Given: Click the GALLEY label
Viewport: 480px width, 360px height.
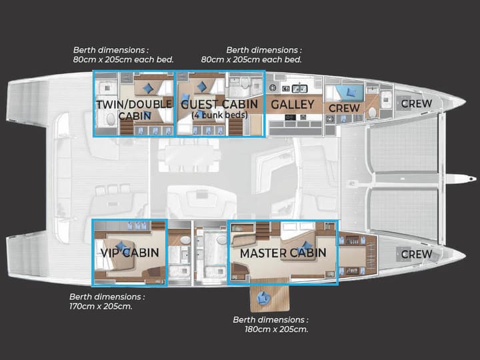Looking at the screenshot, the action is point(293,105).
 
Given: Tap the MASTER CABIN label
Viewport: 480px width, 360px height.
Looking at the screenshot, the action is point(283,253).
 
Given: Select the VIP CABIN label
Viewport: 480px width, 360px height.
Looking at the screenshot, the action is point(130,253).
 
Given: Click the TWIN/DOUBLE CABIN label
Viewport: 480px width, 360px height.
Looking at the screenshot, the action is point(134,110).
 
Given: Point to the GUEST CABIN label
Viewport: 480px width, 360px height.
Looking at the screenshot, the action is point(219,105).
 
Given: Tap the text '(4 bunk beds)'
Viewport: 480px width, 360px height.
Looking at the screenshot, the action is point(219,115).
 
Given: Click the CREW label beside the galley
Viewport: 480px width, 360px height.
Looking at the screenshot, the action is point(344,108).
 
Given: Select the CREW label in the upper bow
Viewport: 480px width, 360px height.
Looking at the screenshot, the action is point(417,104).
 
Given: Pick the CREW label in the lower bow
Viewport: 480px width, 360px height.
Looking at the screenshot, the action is point(417,254).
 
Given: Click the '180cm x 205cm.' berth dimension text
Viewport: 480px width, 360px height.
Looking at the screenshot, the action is point(277,329).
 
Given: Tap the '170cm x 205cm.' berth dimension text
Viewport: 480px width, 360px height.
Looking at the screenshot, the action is point(101,306).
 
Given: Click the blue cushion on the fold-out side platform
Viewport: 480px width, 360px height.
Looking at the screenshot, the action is point(263,297).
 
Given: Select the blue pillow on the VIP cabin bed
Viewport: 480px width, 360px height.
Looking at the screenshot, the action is point(122,246).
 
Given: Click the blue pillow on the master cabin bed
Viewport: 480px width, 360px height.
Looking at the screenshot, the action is point(305,245).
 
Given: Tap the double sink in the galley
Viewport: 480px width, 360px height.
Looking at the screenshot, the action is point(299,89).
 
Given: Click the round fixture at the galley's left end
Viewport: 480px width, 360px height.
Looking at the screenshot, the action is point(273,88).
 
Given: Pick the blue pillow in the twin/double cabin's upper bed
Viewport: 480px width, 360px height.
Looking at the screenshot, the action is point(149,88).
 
